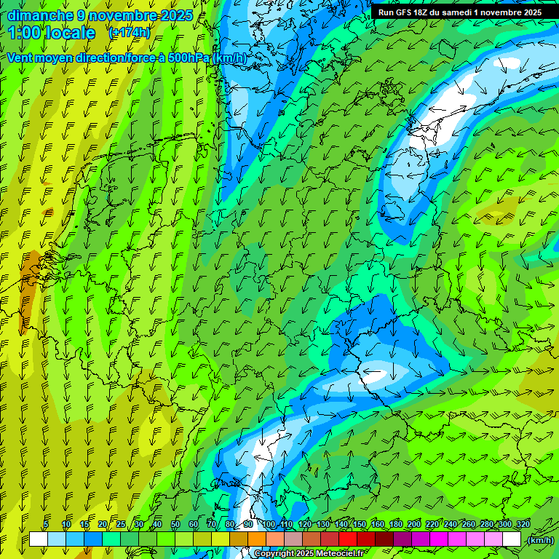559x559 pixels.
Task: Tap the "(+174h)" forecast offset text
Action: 130,33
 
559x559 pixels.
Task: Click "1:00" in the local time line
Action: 25,33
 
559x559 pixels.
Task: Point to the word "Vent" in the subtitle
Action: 21,58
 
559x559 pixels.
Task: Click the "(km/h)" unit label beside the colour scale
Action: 539,540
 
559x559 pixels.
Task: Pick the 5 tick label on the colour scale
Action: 46,525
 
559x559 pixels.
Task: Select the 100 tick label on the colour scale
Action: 269,525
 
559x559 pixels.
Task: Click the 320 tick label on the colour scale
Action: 523,525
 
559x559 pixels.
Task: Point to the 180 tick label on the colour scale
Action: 396,525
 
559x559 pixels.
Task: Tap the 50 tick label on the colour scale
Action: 175,525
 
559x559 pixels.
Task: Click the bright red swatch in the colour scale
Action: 348,539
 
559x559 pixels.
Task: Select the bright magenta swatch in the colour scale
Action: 439,539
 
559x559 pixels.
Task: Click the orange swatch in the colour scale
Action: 257,539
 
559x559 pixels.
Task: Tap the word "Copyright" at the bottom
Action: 274,554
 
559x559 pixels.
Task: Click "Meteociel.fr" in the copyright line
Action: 343,554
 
